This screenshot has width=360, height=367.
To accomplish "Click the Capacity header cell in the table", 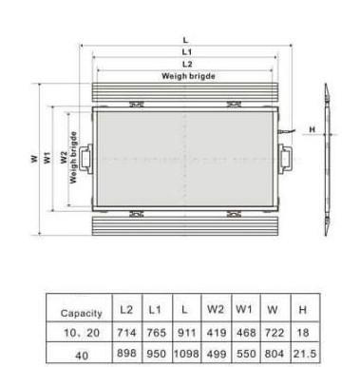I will (83, 312).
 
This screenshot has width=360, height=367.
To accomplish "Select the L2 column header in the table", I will (127, 310).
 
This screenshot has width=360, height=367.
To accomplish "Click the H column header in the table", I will (301, 310).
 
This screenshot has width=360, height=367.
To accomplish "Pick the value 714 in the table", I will (127, 333).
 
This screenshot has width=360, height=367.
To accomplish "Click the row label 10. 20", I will (83, 334).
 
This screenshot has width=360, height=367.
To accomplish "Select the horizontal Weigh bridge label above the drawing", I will (188, 75).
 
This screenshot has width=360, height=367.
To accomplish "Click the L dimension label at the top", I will (185, 40).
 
